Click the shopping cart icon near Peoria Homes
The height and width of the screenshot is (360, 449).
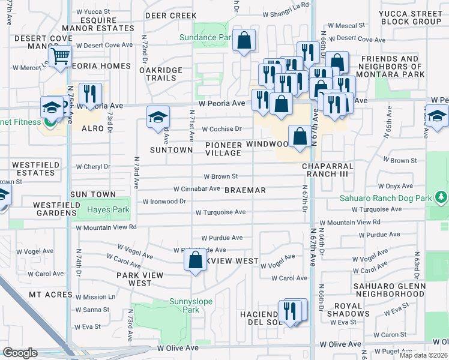(x=60, y=57)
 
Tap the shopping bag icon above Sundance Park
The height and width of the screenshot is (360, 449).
(x=244, y=41)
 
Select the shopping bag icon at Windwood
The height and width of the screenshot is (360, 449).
(x=299, y=136)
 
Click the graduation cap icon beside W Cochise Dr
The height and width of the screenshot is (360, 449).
(x=158, y=116)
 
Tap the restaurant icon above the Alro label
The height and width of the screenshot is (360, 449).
(x=90, y=94)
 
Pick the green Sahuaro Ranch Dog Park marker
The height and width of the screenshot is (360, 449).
(x=442, y=197)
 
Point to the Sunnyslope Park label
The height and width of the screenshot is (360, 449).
(x=182, y=305)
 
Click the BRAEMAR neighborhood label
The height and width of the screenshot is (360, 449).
(x=245, y=190)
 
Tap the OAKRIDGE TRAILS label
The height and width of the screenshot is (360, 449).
(x=166, y=74)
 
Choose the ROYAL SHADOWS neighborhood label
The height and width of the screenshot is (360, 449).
(x=349, y=310)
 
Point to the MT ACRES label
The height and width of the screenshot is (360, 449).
(x=50, y=295)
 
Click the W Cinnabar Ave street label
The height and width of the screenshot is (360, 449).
(x=197, y=188)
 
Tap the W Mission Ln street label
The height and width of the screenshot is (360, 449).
(x=95, y=297)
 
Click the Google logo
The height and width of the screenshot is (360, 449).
(x=20, y=353)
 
